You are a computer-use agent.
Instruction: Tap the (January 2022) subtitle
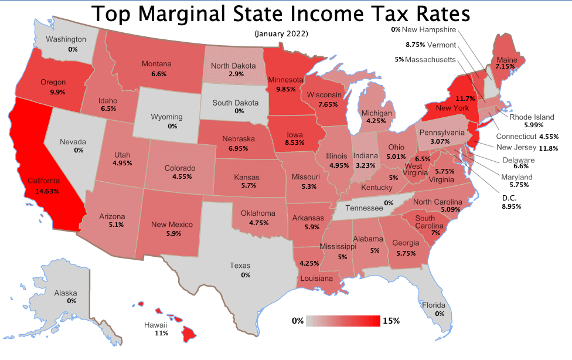click(x=281, y=33)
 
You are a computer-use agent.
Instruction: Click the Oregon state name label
click(x=53, y=83)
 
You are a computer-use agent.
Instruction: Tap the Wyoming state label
click(x=167, y=117)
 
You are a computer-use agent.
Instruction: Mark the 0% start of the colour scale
click(x=298, y=321)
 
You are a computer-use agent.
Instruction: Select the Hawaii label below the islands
click(x=156, y=324)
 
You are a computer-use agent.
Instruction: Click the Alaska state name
click(x=65, y=292)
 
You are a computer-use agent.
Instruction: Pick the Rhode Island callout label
click(x=532, y=117)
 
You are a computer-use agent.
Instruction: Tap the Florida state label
click(x=434, y=305)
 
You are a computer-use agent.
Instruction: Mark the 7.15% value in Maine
click(x=505, y=67)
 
